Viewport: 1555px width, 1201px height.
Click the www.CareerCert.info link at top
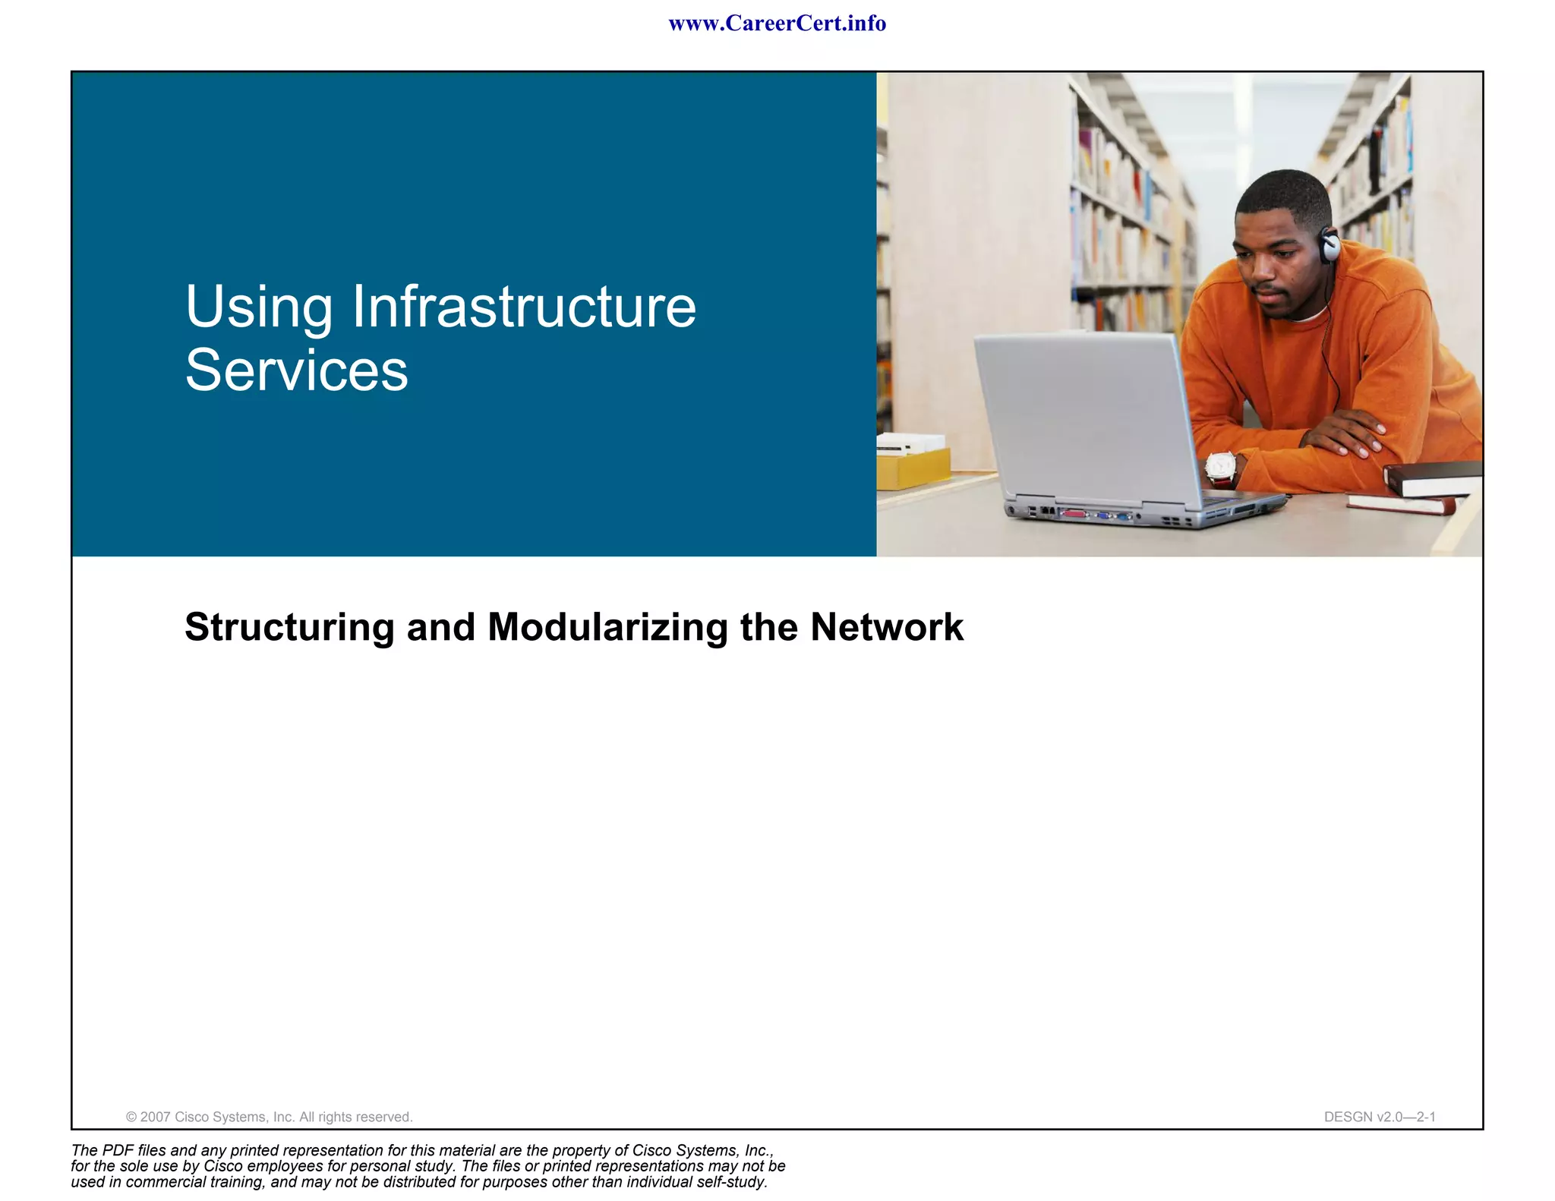[777, 24]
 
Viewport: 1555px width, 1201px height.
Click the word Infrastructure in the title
[524, 307]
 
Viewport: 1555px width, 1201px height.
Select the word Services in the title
[296, 370]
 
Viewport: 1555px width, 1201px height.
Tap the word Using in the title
[258, 307]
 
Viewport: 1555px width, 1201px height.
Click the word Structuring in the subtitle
[289, 627]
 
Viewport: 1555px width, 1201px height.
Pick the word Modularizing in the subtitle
[607, 627]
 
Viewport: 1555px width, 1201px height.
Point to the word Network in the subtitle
[886, 627]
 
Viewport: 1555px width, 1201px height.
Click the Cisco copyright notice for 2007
[269, 1117]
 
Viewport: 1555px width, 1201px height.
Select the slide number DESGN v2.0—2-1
[1380, 1117]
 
